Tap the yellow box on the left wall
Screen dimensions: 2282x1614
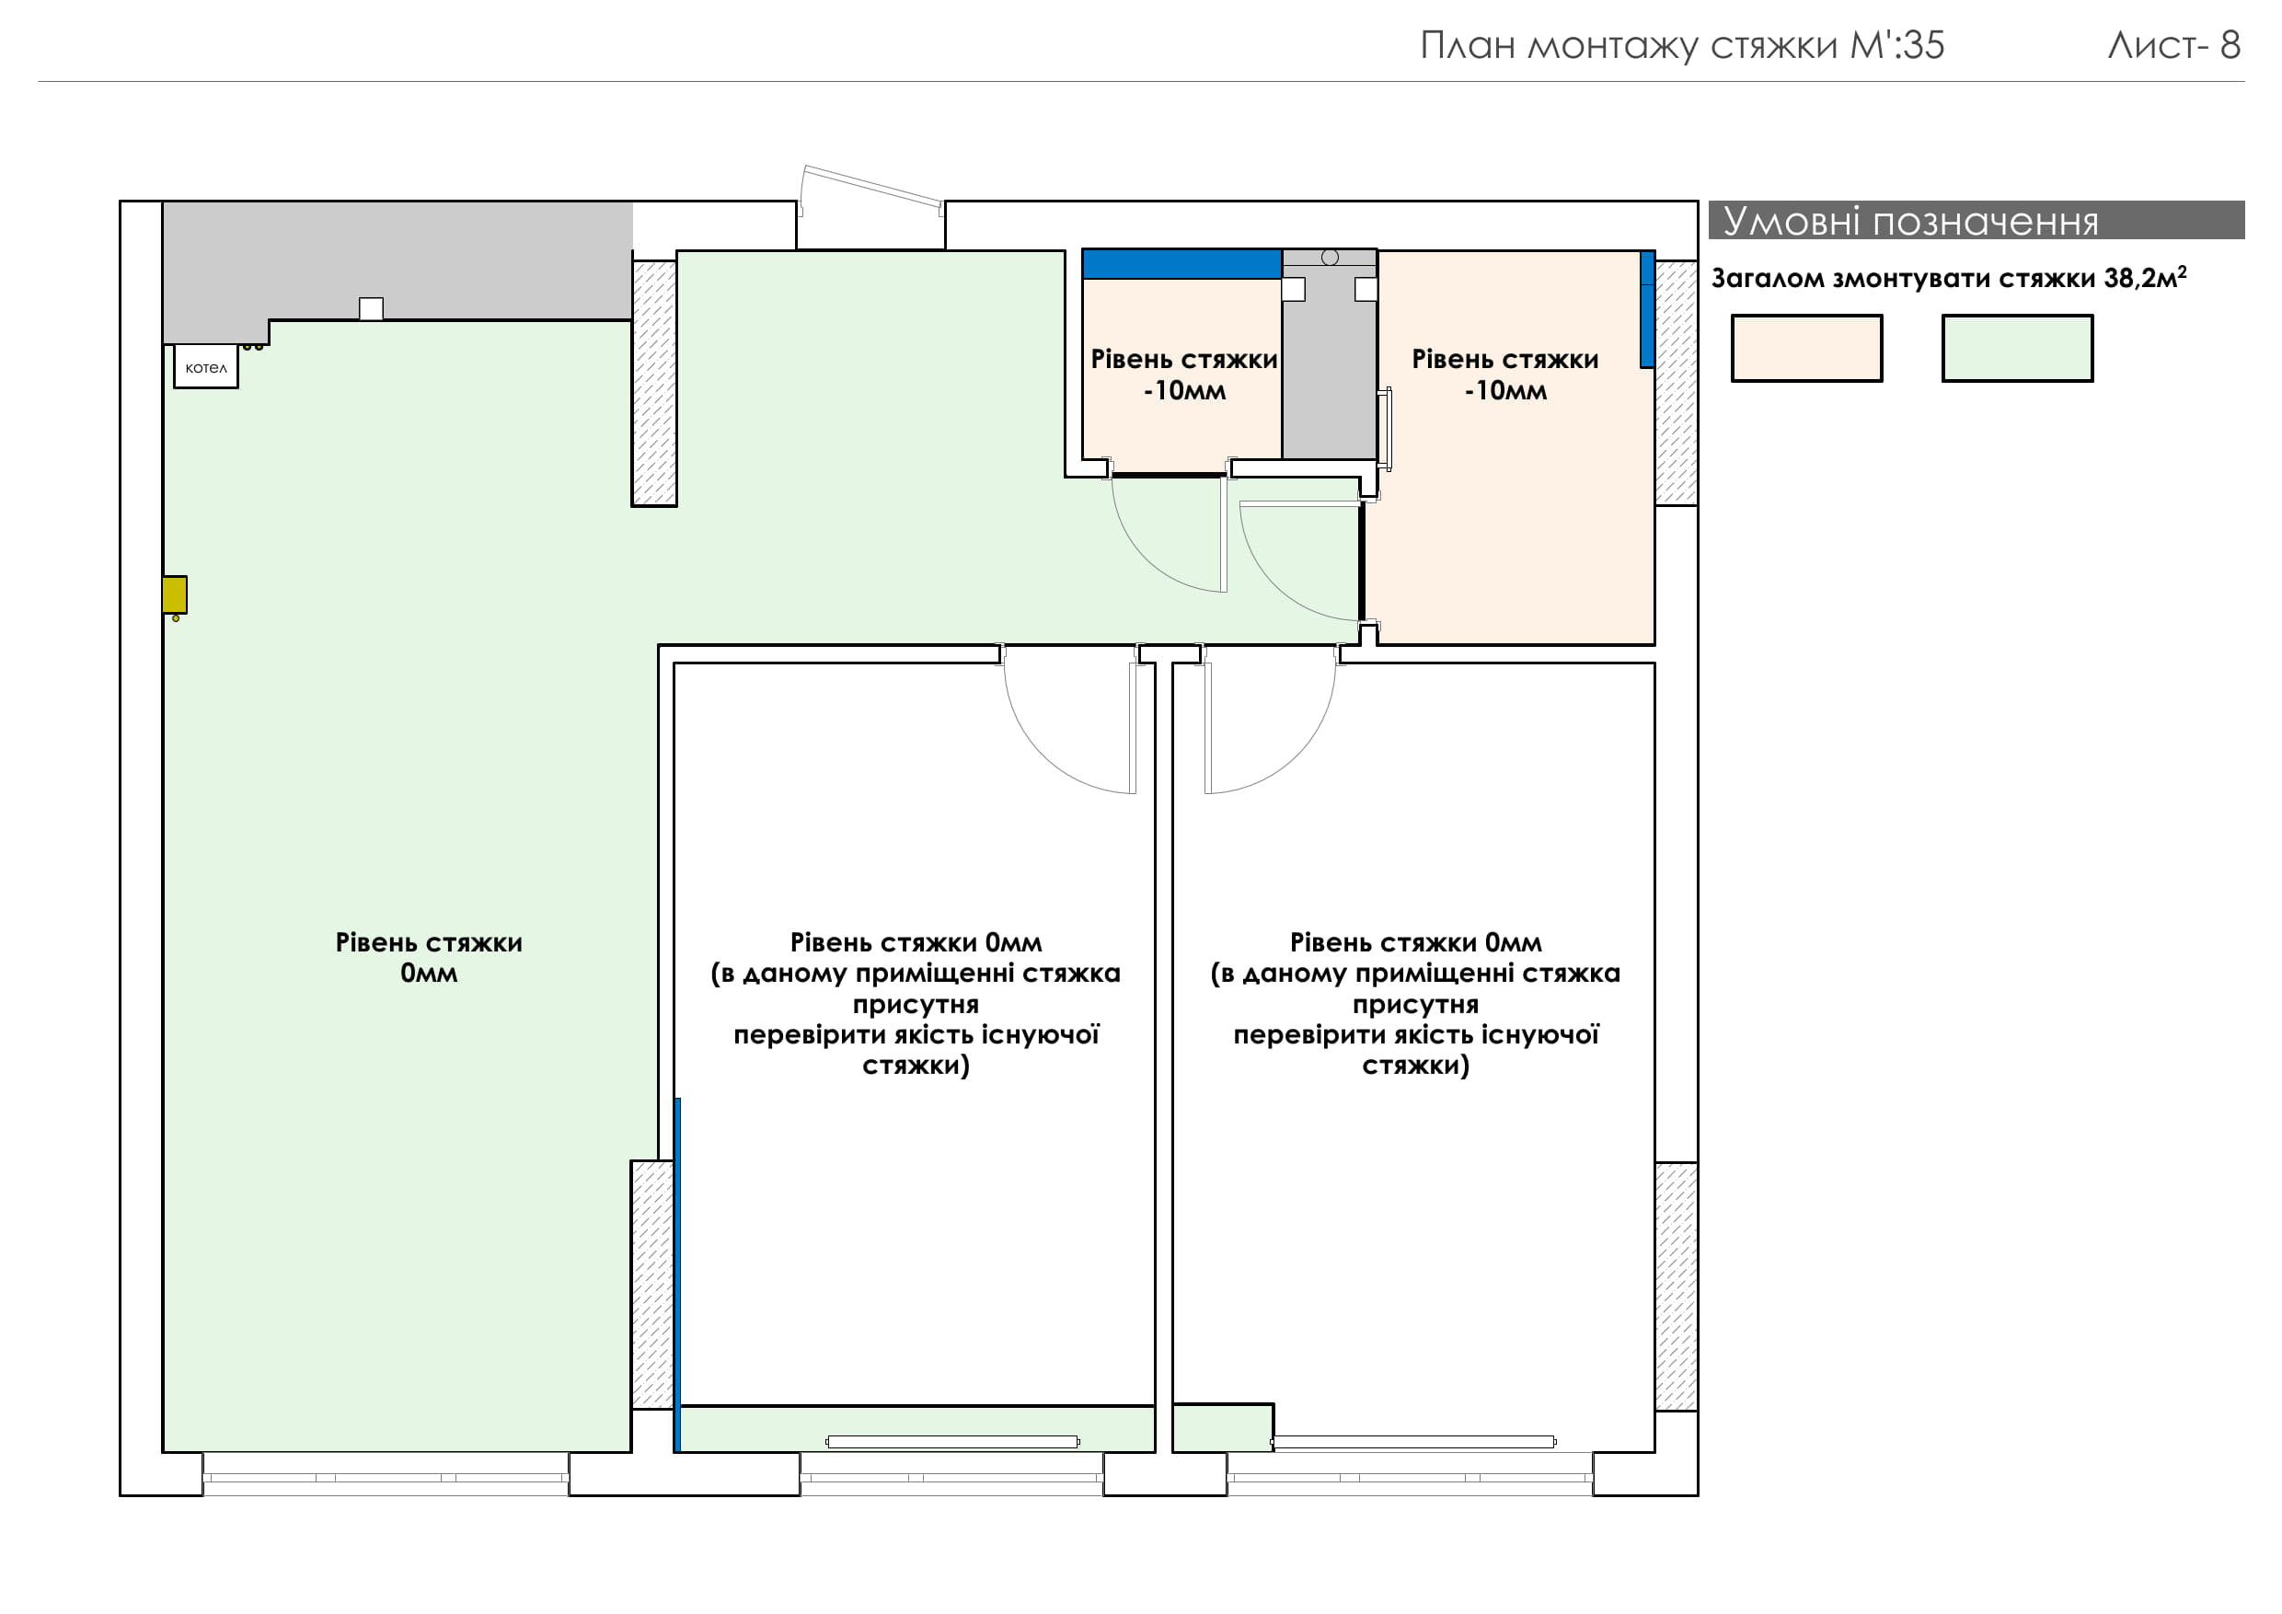(x=175, y=594)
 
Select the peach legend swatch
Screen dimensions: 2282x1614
(x=1806, y=348)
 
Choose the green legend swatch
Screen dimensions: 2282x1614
(x=2017, y=348)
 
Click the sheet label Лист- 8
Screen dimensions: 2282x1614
(x=2173, y=45)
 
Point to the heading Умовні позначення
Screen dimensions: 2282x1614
(x=1910, y=221)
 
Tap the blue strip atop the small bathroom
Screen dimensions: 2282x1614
(x=1181, y=263)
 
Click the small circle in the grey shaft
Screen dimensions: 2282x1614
(x=1330, y=258)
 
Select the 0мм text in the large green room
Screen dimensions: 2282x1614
(x=429, y=973)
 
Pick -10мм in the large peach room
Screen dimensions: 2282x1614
(x=1504, y=390)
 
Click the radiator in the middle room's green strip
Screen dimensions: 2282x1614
(x=952, y=1441)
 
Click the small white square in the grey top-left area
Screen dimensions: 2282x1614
(x=371, y=308)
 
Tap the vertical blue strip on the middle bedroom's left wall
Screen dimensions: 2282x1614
(x=678, y=1274)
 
